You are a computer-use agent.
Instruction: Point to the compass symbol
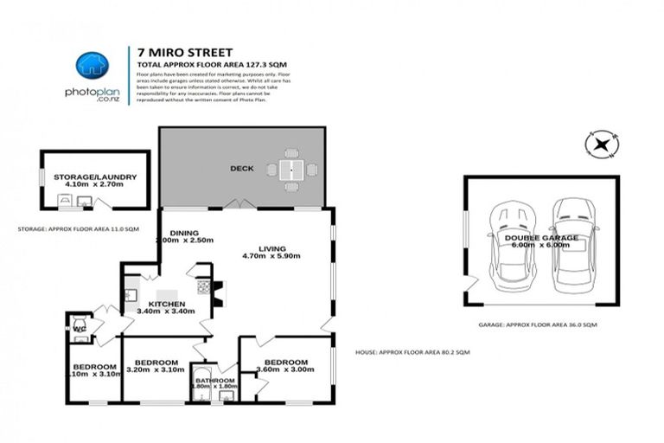tap(599, 143)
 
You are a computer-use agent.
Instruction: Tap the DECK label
tap(241, 169)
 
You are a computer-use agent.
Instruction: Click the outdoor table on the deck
tap(291, 170)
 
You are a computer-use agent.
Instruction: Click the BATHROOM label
tap(214, 381)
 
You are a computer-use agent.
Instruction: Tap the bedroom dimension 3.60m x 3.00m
tap(284, 371)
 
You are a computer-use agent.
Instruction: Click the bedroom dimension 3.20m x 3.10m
tap(154, 371)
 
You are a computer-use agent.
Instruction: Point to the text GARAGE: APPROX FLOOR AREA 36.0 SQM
tap(537, 324)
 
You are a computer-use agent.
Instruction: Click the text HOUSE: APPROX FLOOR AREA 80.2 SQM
tap(412, 352)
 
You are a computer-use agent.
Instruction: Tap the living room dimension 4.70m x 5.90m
tap(271, 255)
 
